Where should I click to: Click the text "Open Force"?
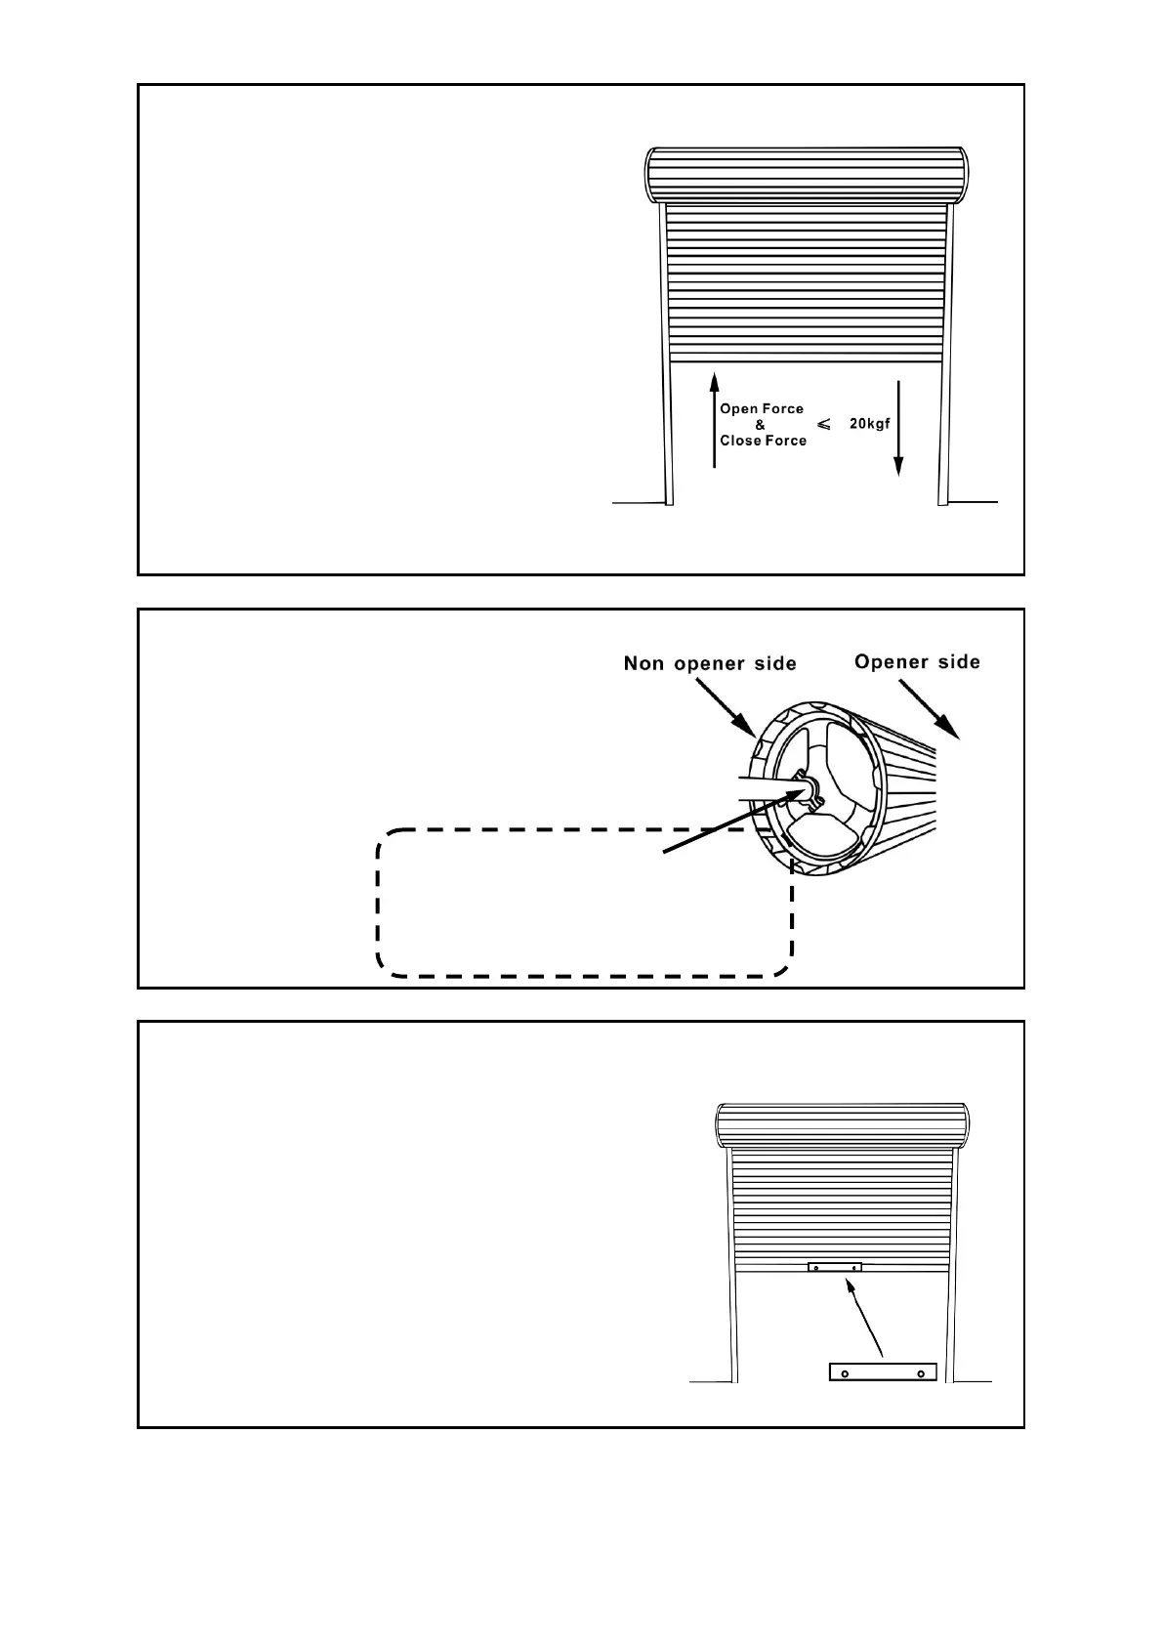[762, 409]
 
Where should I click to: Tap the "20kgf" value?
[869, 424]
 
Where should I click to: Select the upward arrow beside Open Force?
[714, 420]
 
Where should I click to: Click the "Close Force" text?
[763, 441]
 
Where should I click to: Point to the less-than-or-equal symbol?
[823, 424]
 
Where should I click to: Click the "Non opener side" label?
[710, 664]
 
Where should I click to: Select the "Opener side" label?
[917, 662]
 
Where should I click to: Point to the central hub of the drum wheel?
[807, 787]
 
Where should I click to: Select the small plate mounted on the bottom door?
[835, 1268]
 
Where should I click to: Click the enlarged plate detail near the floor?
[883, 1372]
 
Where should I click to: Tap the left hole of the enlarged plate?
[846, 1373]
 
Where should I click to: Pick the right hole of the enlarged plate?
[921, 1373]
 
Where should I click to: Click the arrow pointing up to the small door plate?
[866, 1319]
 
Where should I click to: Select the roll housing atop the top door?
[809, 175]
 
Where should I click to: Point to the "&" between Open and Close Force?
[761, 425]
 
